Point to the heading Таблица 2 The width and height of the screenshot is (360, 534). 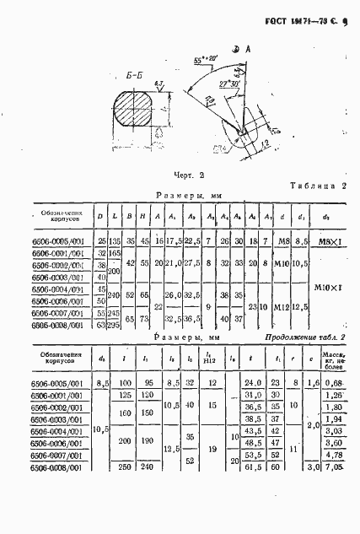click(317, 185)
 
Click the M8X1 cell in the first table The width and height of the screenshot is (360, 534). click(327, 242)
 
